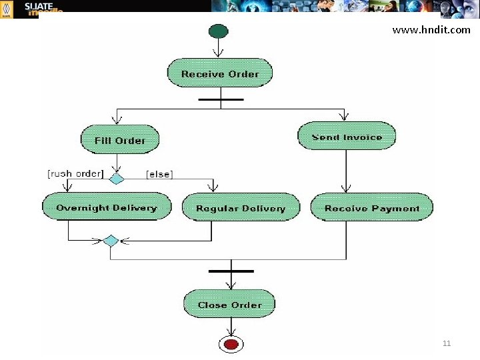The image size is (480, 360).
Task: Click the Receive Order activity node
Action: click(219, 73)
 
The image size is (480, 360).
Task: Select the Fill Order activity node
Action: click(120, 140)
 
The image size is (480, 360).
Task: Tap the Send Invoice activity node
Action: click(347, 137)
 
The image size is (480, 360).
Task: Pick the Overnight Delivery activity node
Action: click(107, 207)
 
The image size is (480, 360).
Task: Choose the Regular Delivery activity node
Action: click(240, 208)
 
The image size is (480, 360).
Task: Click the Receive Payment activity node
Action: click(372, 208)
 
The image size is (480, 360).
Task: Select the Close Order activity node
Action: click(229, 305)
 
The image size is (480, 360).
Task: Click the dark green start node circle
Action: click(218, 31)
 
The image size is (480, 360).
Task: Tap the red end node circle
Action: click(231, 344)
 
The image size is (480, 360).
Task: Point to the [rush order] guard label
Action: click(75, 173)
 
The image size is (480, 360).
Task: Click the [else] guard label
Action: click(159, 174)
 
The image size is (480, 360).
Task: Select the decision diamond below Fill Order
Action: click(117, 179)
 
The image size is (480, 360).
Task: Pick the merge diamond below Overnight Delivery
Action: click(111, 241)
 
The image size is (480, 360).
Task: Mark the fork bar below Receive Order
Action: click(220, 99)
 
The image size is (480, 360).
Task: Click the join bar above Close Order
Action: click(231, 271)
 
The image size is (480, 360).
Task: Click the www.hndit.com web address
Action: click(431, 29)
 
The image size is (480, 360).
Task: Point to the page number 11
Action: click(447, 343)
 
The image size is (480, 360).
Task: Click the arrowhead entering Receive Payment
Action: click(345, 189)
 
